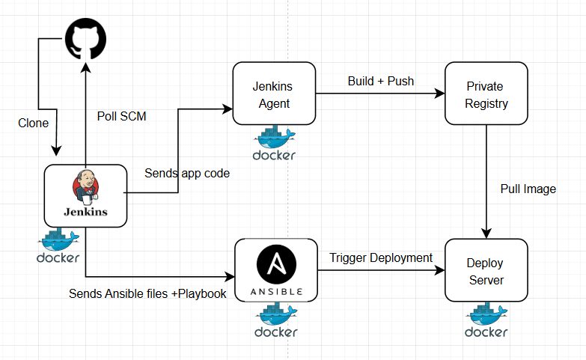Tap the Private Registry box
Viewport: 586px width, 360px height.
coord(486,94)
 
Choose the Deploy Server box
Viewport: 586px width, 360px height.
coord(486,271)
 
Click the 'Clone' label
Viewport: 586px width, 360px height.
coord(34,123)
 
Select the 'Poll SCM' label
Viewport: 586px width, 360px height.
coord(122,117)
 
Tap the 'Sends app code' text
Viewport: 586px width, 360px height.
coord(187,173)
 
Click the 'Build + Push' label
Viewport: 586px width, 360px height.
coord(381,81)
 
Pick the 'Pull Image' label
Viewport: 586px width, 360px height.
coord(528,189)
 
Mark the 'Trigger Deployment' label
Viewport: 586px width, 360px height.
coord(381,257)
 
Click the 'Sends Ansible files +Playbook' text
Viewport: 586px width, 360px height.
coord(147,293)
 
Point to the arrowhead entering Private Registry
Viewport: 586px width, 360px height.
coord(439,94)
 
